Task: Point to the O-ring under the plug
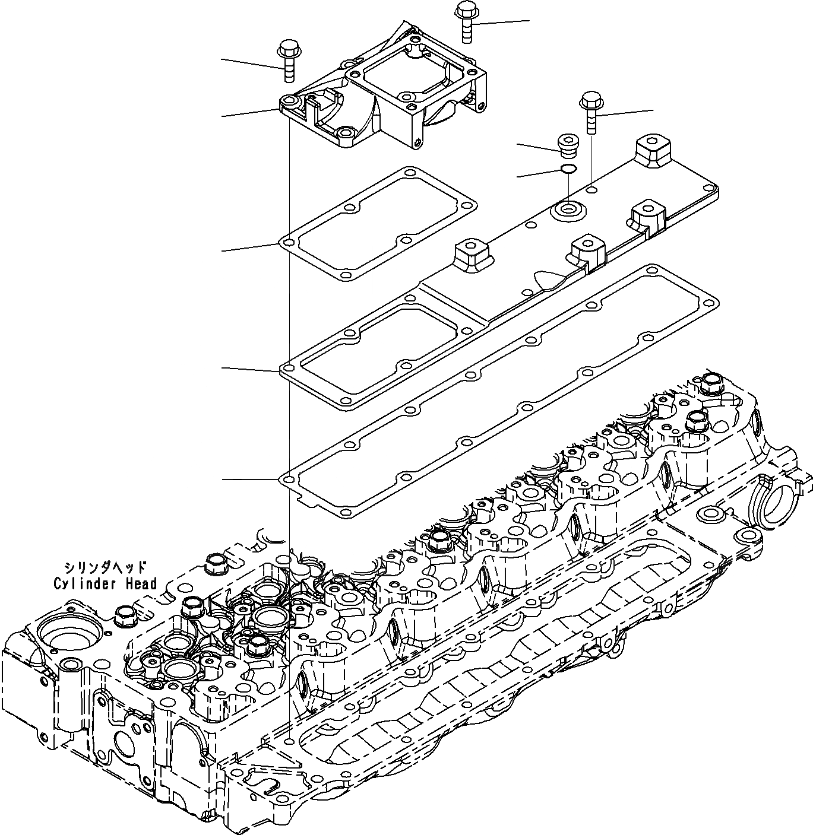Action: tap(568, 170)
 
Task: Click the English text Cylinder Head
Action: tap(105, 583)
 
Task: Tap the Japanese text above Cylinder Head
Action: tap(105, 567)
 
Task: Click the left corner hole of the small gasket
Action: tap(288, 243)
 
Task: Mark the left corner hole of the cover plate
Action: tap(288, 371)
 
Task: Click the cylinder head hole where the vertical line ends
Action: tap(289, 741)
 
